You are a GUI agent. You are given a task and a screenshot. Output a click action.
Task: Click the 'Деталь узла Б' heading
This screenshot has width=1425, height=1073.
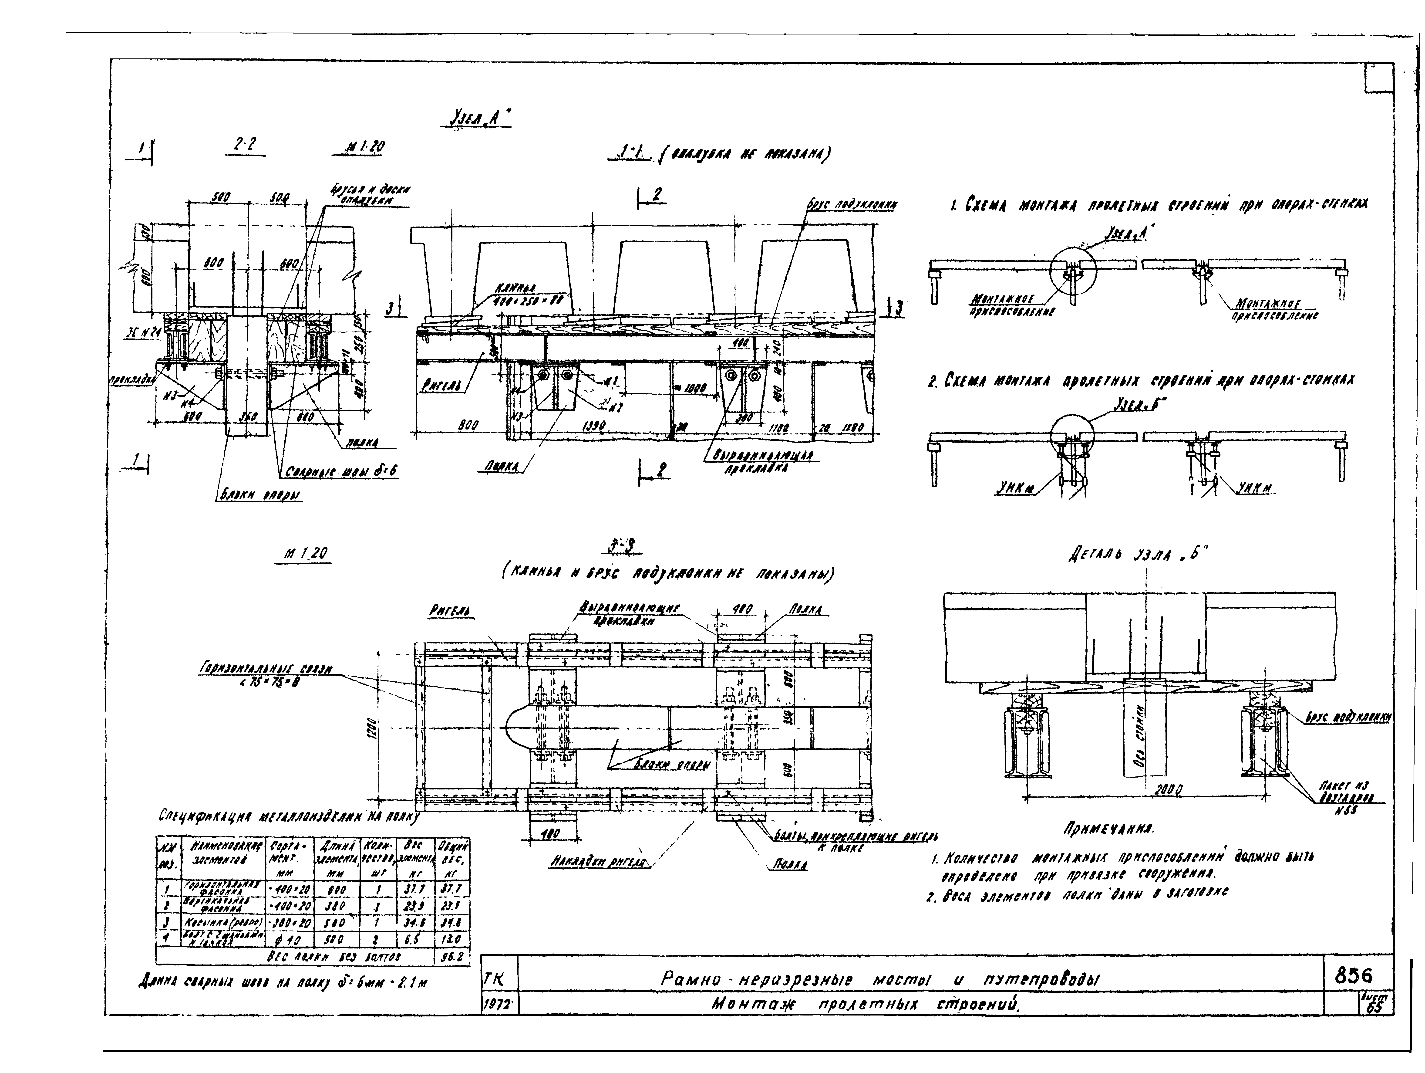(1134, 554)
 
